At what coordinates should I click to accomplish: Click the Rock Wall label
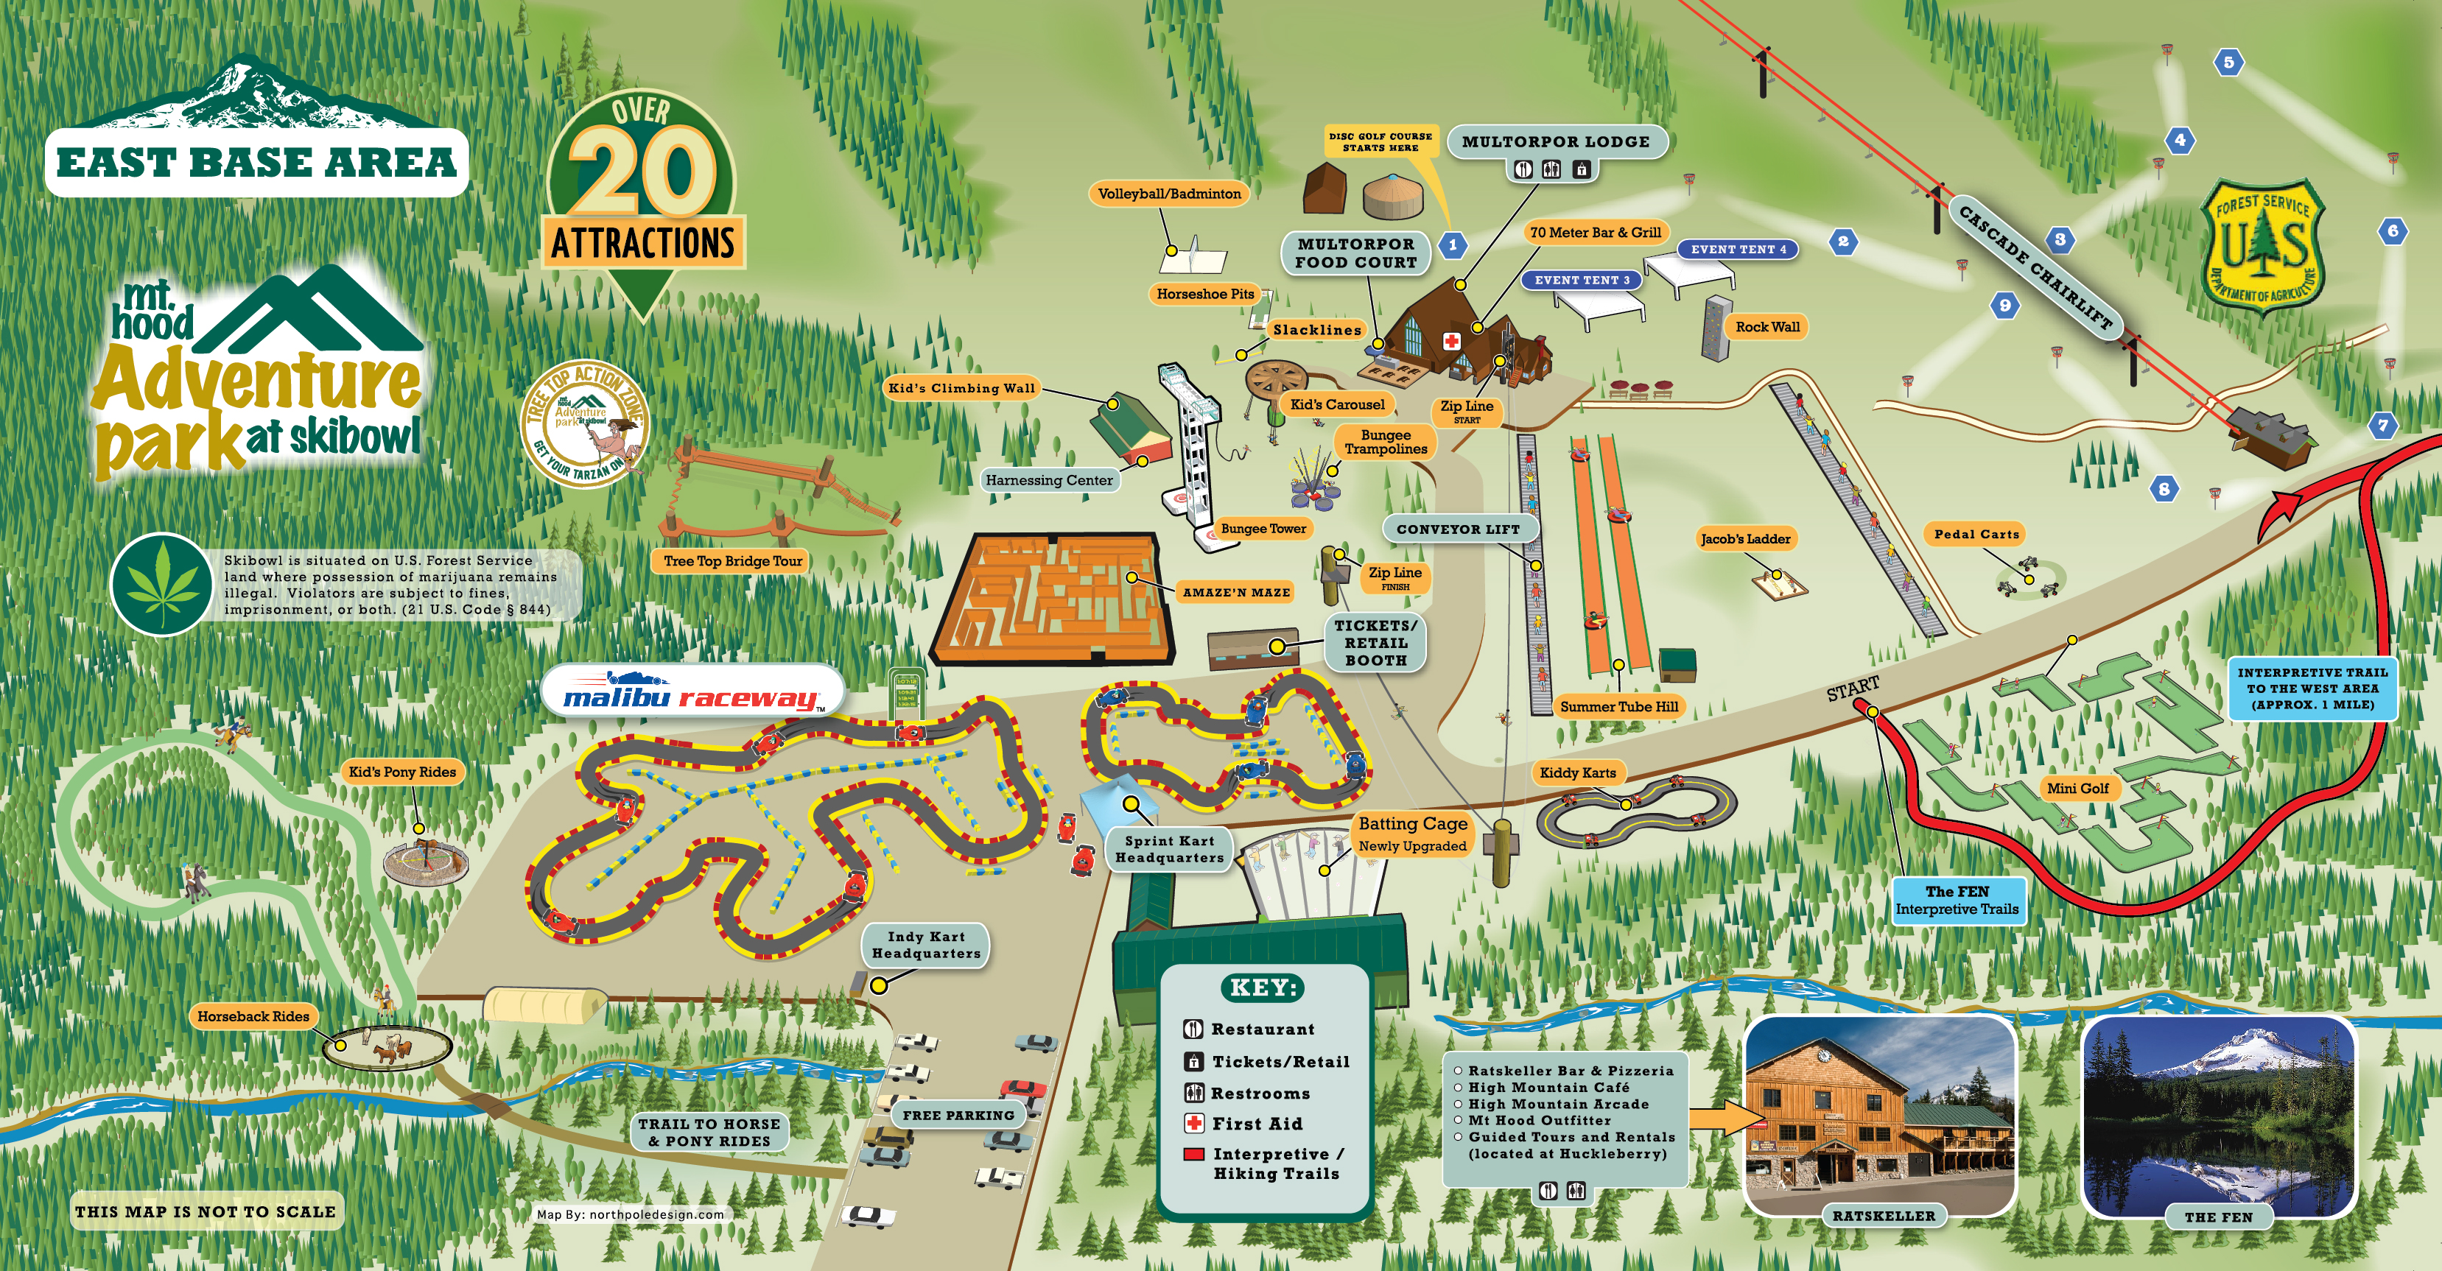pyautogui.click(x=1767, y=327)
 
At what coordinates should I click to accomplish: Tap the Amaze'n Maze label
pyautogui.click(x=1236, y=592)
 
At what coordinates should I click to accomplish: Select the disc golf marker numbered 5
pyautogui.click(x=2228, y=63)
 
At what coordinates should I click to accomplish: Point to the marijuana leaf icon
pyautogui.click(x=160, y=585)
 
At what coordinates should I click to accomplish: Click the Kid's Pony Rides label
pyautogui.click(x=402, y=772)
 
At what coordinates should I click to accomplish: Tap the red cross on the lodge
pyautogui.click(x=1451, y=341)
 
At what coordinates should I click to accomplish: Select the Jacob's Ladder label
pyautogui.click(x=1745, y=539)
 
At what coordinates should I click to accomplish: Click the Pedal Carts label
pyautogui.click(x=1976, y=535)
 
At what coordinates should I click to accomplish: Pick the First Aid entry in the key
pyautogui.click(x=1256, y=1124)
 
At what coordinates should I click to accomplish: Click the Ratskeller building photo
pyautogui.click(x=1881, y=1116)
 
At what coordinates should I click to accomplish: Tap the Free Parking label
pyautogui.click(x=958, y=1116)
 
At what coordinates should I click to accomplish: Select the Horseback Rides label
pyautogui.click(x=253, y=1016)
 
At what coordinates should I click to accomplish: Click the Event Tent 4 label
pyautogui.click(x=1738, y=250)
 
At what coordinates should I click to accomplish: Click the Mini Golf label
pyautogui.click(x=2077, y=788)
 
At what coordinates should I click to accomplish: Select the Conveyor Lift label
pyautogui.click(x=1457, y=529)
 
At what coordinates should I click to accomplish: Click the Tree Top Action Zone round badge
pyautogui.click(x=585, y=423)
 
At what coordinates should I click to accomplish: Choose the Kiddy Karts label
pyautogui.click(x=1577, y=772)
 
